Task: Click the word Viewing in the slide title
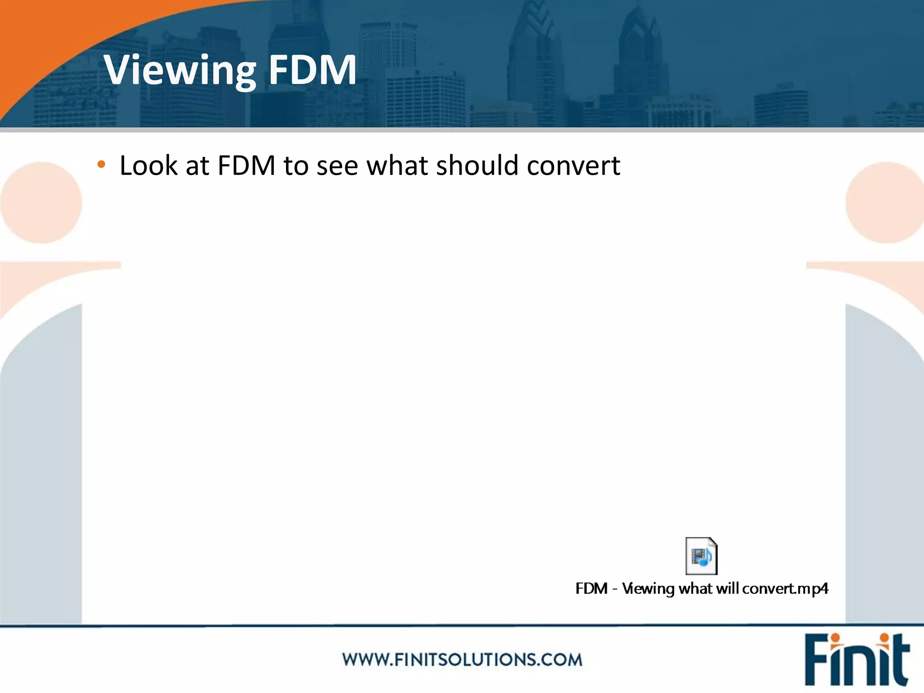click(180, 70)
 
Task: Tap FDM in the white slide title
click(312, 70)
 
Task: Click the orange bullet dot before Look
click(102, 165)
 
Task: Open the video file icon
click(701, 556)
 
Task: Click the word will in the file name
click(727, 589)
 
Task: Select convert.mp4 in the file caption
click(785, 589)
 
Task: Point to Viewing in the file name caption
click(648, 589)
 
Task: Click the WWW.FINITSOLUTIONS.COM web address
click(462, 660)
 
